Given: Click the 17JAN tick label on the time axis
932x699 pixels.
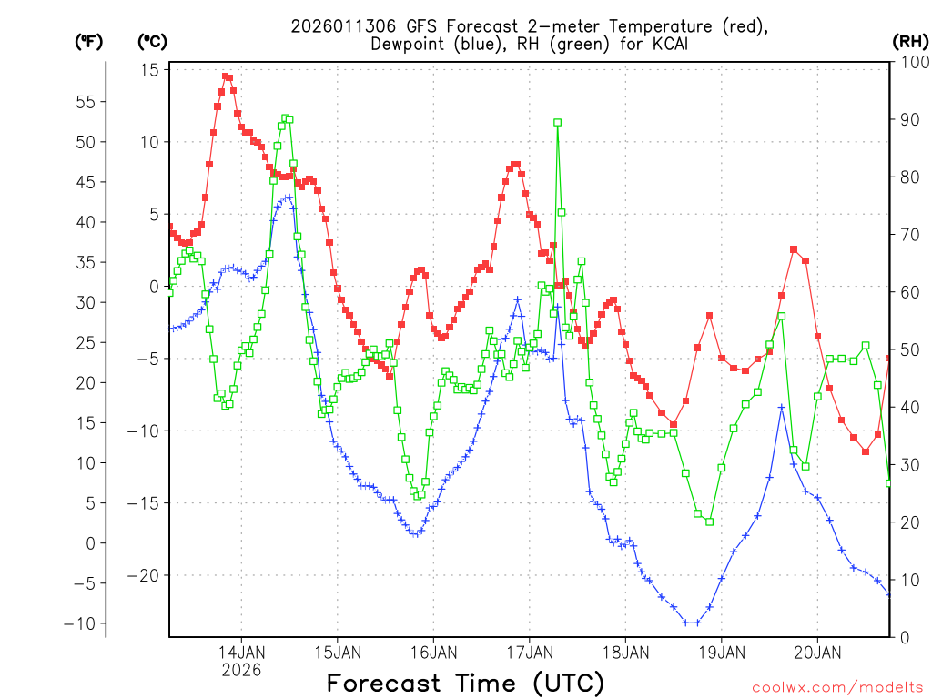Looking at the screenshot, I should [x=529, y=653].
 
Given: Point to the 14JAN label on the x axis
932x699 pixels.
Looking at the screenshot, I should [x=241, y=653].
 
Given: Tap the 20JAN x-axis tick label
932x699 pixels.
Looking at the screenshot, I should [x=816, y=653].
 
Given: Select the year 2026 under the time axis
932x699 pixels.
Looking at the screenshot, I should [x=241, y=670].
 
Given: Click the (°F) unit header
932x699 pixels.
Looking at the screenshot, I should [x=88, y=42].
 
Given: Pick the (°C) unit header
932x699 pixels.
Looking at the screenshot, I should [x=152, y=42].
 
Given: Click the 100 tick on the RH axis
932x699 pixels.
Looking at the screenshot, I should [x=913, y=61].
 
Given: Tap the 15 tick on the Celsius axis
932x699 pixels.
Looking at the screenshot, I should [x=150, y=70].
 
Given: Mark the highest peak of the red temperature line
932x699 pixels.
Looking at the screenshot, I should [x=226, y=76].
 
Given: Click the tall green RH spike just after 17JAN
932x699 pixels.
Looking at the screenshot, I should [x=557, y=122].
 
